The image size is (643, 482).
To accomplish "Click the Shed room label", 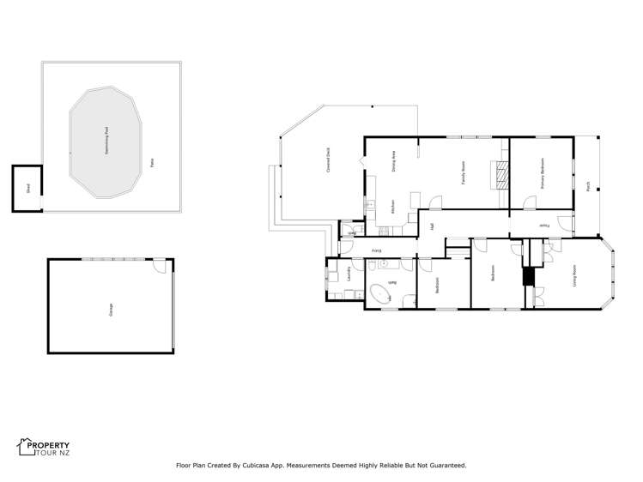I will (x=27, y=189).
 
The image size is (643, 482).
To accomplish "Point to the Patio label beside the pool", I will (x=152, y=161).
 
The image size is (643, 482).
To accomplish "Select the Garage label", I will (x=110, y=308).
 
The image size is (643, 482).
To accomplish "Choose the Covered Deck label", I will (x=328, y=161).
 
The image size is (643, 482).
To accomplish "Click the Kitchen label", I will (x=392, y=207).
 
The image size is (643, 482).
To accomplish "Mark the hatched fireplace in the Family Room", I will (x=500, y=175).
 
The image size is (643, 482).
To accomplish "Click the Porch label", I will (x=588, y=185).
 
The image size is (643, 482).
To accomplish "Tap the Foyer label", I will (x=543, y=226).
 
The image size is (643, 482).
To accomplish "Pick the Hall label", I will (x=430, y=226).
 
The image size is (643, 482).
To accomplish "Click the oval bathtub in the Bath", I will (x=379, y=295).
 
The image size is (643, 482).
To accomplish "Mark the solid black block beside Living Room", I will (x=529, y=277).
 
